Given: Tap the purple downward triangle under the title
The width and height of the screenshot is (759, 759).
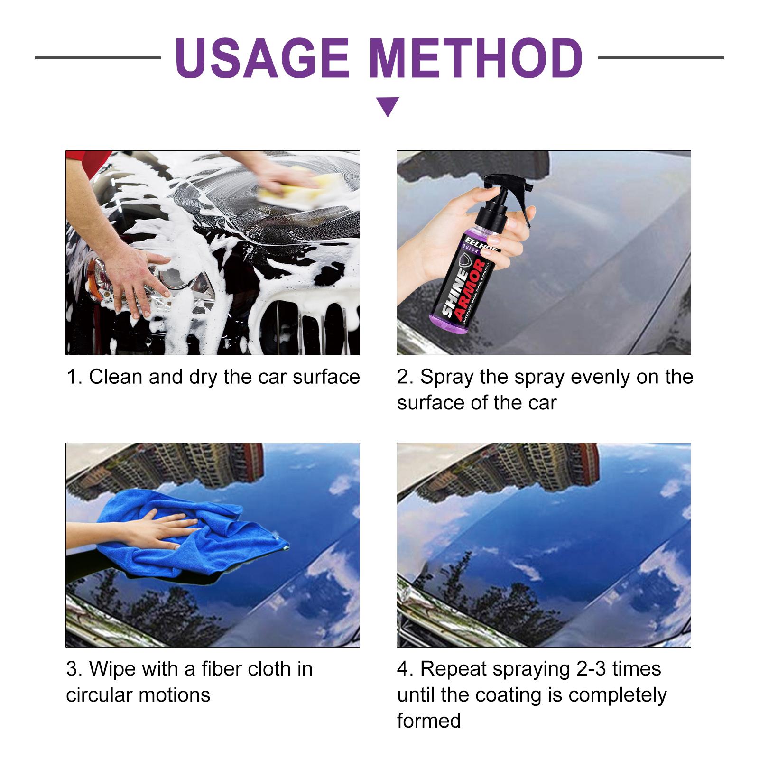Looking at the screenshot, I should [x=388, y=106].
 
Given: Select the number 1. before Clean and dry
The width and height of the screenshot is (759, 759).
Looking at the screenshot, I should [x=74, y=377].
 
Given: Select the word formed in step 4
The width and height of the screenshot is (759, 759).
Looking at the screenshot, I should [x=429, y=721].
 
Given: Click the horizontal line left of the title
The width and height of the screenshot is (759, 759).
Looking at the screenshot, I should [x=98, y=58].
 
